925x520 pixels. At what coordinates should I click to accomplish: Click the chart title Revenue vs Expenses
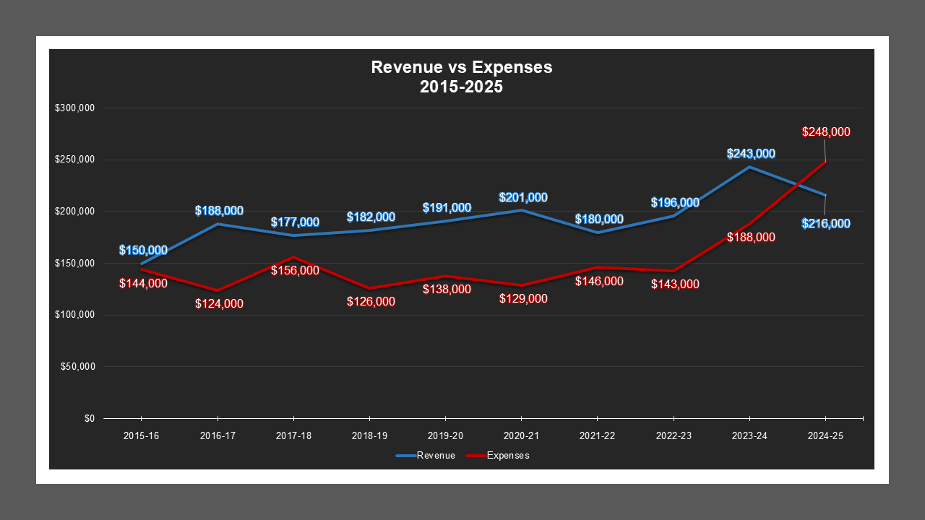coord(461,67)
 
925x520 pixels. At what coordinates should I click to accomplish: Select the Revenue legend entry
coord(426,456)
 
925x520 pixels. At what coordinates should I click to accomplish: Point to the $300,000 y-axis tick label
coord(74,108)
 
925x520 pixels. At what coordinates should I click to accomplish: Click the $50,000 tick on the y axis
coord(77,367)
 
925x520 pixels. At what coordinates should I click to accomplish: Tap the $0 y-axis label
coord(89,419)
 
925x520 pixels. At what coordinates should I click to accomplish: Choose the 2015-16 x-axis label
coord(141,436)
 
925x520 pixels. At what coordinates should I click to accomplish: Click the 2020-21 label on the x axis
coord(521,436)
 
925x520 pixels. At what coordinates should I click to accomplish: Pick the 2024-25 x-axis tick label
coord(825,436)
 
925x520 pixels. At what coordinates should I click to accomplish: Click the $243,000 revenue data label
coord(751,153)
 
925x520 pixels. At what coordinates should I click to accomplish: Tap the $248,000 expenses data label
coord(826,132)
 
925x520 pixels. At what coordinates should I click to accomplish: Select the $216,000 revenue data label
coord(826,224)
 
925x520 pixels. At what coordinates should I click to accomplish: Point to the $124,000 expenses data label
coord(219,304)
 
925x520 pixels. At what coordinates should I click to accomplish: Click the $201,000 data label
coord(523,197)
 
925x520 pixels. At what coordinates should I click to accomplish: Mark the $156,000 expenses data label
coord(295,270)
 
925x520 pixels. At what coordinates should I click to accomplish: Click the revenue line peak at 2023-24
coord(749,167)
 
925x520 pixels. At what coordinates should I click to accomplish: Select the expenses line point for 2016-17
coord(217,290)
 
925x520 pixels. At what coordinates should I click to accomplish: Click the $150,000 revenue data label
coord(143,251)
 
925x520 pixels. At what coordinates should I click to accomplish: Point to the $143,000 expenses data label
coord(675,285)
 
